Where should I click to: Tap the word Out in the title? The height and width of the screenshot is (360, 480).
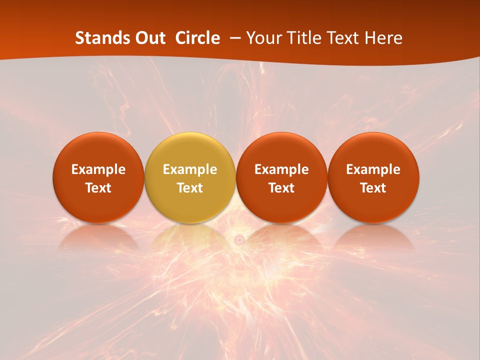pos(149,38)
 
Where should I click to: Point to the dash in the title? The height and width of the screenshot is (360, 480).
pos(233,38)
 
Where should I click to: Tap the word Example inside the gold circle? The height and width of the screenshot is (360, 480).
pos(190,169)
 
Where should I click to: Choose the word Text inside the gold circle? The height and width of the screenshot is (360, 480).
pos(190,188)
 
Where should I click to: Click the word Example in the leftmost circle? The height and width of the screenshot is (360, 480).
pos(98,169)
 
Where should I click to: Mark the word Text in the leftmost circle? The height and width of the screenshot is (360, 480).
pos(98,188)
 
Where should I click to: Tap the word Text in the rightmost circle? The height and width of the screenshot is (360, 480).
pos(373,188)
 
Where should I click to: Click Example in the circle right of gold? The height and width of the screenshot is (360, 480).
pos(282,169)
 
